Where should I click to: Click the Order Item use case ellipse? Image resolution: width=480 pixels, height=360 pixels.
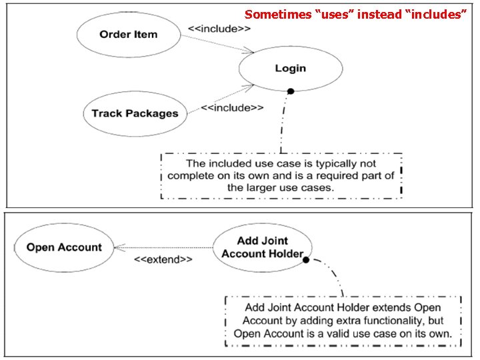[129, 35]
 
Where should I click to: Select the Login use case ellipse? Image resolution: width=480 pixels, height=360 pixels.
[290, 69]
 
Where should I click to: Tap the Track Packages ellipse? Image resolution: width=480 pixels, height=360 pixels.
[135, 113]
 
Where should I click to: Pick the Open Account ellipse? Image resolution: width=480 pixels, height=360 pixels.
[64, 247]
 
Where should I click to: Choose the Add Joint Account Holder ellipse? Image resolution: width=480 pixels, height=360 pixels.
[262, 247]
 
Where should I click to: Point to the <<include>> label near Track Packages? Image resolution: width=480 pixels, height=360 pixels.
[232, 107]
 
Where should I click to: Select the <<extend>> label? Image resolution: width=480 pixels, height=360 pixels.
[163, 259]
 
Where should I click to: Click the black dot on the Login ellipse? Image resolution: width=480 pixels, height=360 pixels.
[291, 91]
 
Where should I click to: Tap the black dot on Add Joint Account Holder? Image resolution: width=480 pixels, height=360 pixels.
[306, 260]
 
